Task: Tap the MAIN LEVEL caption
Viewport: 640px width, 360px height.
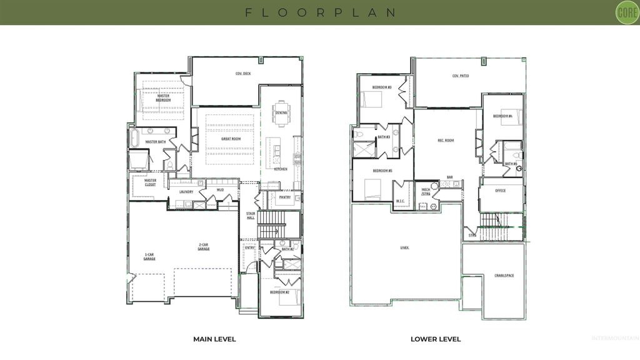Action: [214, 339]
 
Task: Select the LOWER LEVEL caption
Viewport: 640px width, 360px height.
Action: [436, 339]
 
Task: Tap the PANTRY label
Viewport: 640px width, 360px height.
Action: [284, 197]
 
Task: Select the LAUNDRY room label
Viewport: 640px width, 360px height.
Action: [186, 192]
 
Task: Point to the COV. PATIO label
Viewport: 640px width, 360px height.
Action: [461, 76]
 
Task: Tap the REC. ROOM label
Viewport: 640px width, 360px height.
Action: [445, 140]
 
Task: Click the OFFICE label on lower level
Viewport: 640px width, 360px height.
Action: [500, 191]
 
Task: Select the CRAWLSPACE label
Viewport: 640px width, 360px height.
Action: [504, 275]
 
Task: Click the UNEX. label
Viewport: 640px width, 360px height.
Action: [404, 247]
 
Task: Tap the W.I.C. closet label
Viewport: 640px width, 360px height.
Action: [401, 201]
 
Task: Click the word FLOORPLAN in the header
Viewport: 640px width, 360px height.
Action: [320, 12]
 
